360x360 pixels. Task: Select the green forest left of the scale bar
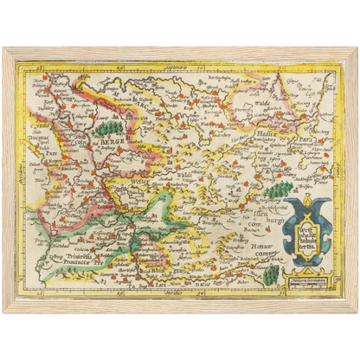(x=271, y=274)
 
